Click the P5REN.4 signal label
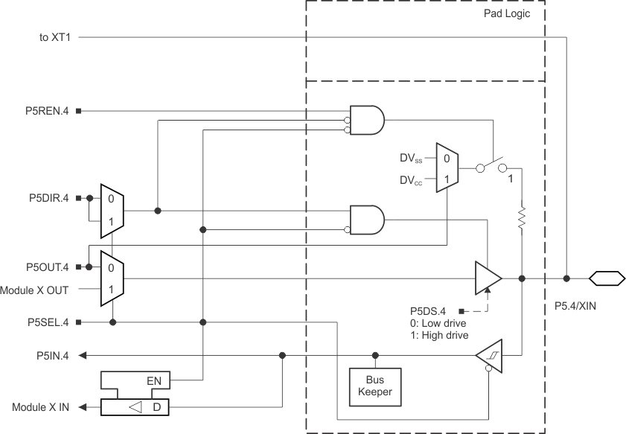46,112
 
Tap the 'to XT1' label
54,36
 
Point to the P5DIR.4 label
46,199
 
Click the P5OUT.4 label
45,267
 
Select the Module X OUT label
38,289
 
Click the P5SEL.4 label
46,322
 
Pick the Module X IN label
41,408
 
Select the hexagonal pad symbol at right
606,278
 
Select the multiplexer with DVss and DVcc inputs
447,169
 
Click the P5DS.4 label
429,310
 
